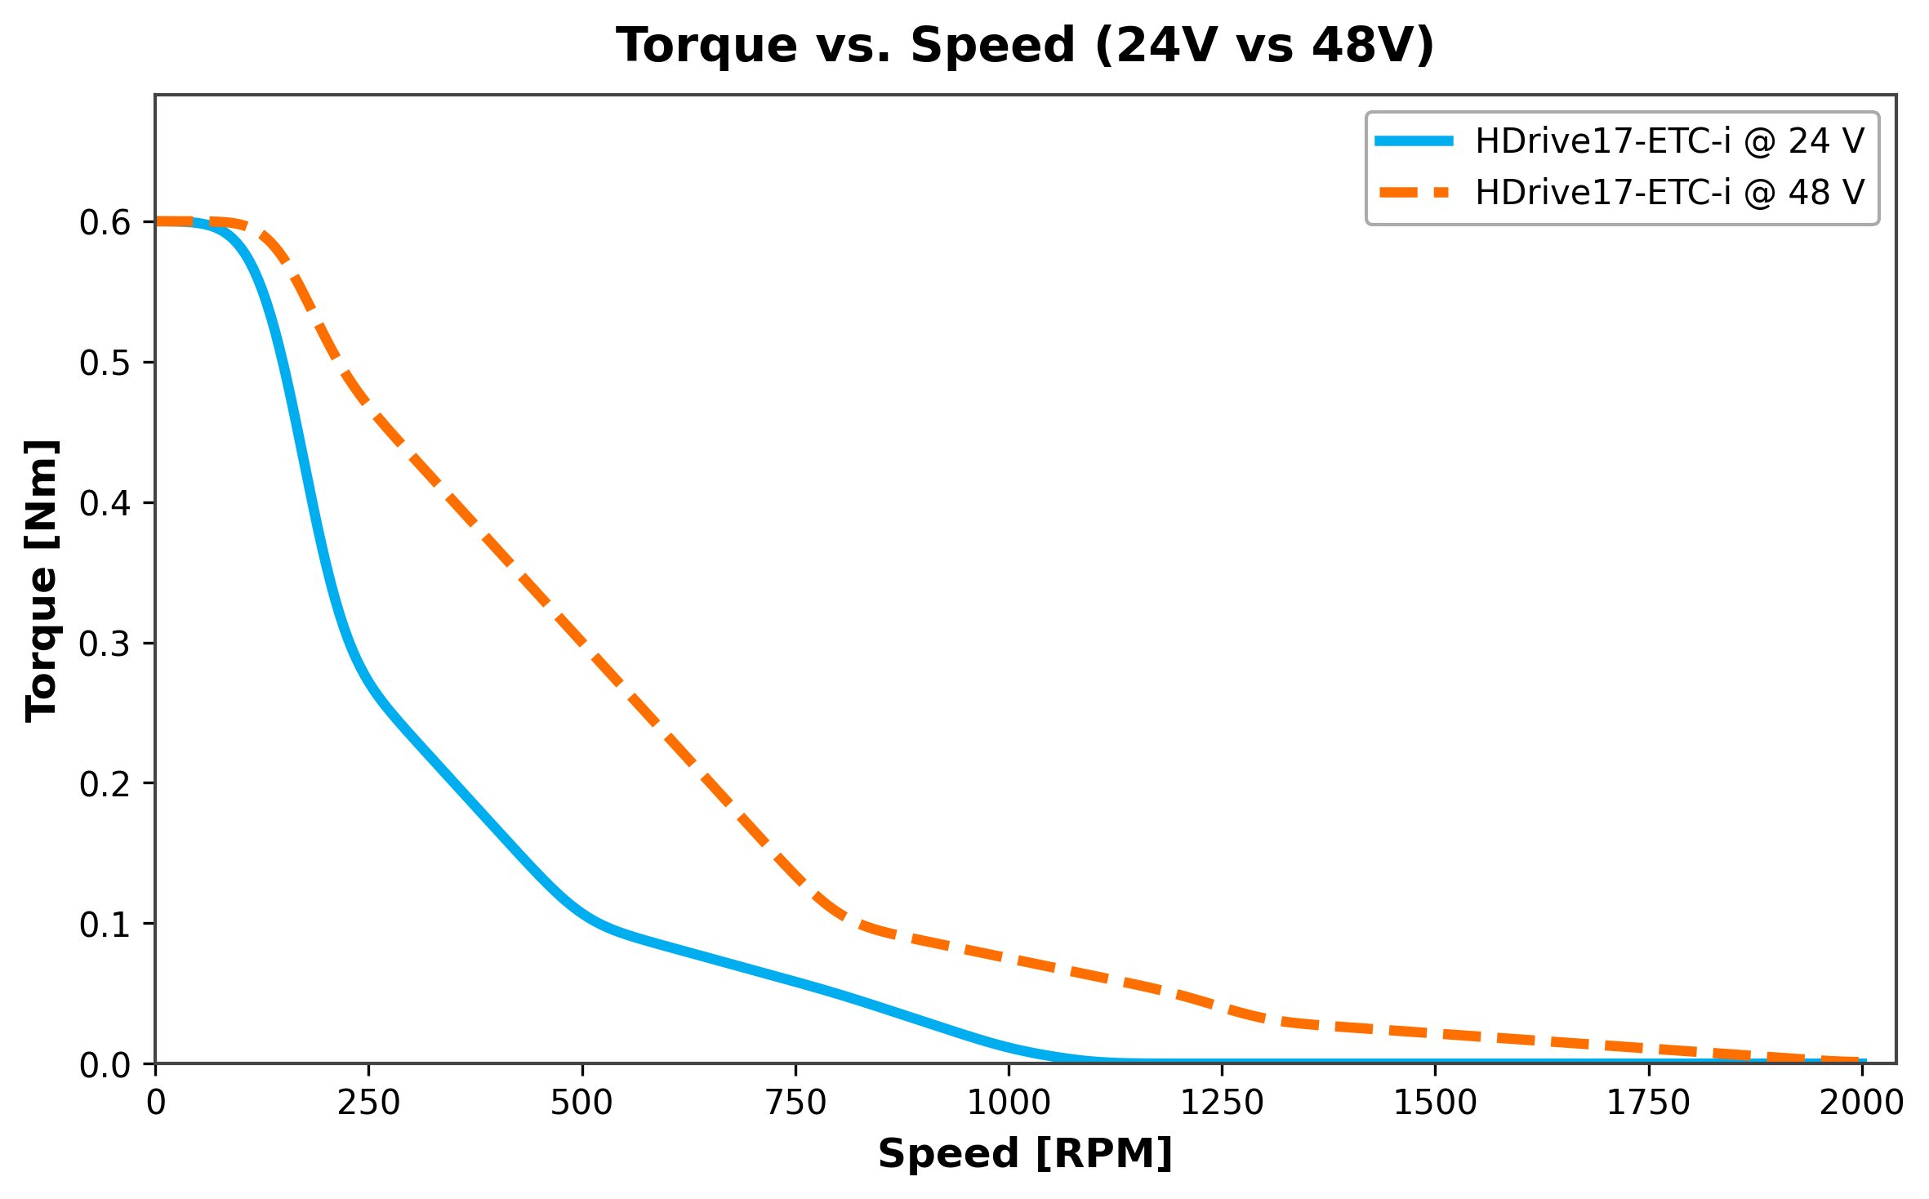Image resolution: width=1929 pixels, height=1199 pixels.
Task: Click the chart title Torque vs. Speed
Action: (1025, 45)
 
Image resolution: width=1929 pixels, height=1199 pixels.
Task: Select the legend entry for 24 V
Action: (1670, 141)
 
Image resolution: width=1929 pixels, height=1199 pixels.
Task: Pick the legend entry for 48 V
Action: (1670, 193)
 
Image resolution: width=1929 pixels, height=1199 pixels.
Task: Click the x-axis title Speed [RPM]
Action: (1025, 1154)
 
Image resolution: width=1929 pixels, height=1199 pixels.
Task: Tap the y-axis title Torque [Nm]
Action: (41, 580)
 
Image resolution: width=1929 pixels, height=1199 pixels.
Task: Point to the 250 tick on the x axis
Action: (369, 1103)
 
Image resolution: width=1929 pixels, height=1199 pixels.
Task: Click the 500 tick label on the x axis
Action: (582, 1103)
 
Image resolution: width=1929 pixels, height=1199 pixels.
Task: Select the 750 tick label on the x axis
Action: (795, 1103)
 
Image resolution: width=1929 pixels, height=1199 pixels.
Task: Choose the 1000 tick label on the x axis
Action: (1009, 1103)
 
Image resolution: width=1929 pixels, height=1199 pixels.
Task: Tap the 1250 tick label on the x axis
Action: (1222, 1103)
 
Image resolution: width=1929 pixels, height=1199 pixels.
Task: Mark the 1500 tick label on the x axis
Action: (1435, 1103)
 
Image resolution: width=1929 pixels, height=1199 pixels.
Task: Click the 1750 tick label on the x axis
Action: (1648, 1103)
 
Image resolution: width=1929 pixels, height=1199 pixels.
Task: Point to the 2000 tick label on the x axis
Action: (1861, 1103)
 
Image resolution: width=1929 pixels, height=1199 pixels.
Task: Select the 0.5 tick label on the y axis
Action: (105, 363)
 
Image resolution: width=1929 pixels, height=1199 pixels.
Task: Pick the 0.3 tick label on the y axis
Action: (105, 644)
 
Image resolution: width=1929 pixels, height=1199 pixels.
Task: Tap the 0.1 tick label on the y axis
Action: (105, 925)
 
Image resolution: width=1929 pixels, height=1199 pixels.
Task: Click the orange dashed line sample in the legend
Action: (1414, 193)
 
